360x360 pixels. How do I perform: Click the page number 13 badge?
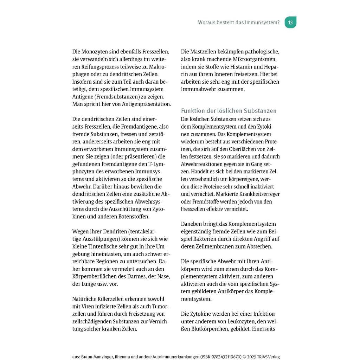coord(290,22)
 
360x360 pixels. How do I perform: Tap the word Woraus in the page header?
coord(207,22)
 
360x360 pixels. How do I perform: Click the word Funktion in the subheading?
coord(193,111)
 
